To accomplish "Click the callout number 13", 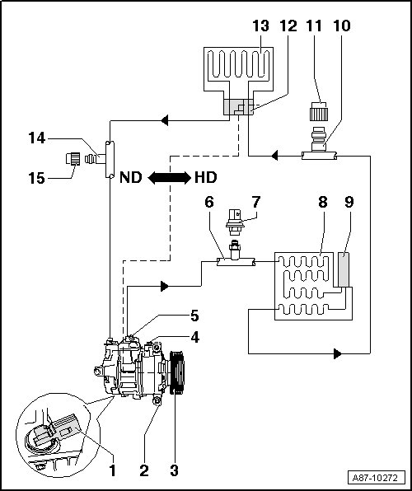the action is pos(260,26).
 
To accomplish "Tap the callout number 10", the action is pos(342,26).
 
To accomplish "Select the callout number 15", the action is pos(36,178).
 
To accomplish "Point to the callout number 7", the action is pos(256,202).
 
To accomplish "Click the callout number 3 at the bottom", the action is pos(174,470).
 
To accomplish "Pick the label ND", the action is pos(131,178).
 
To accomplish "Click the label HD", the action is pos(205,178).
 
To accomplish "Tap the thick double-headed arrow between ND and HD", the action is pos(169,178).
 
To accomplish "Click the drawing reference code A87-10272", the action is pos(375,478).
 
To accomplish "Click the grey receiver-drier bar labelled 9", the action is pos(344,270).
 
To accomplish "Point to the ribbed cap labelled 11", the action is pos(319,111).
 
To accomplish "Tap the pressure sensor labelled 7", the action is pos(234,222).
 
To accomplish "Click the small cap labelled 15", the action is pos(73,158).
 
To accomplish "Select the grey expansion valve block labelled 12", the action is pos(239,107).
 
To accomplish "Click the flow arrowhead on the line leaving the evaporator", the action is pos(165,120).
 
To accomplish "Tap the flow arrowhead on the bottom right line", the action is pos(338,353).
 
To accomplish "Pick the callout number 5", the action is pos(194,316).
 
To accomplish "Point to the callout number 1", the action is pos(112,470).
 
